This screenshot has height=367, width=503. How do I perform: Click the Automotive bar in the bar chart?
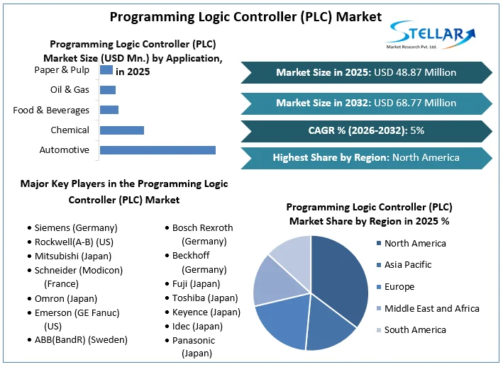coord(157,149)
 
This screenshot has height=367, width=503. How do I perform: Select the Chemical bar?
coord(122,130)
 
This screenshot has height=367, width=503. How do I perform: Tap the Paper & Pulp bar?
coord(106,69)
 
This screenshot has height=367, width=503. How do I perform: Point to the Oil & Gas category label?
coord(70,90)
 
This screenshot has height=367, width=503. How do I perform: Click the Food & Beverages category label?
coord(51,110)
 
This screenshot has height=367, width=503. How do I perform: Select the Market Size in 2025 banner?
coord(366,72)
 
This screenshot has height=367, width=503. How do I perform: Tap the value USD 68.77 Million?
coord(415,103)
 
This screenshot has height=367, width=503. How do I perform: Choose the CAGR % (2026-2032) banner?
coord(366,130)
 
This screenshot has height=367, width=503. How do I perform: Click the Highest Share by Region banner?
coord(366,157)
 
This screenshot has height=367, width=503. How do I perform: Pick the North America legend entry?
coord(415,243)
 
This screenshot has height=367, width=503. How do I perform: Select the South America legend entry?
coord(415,329)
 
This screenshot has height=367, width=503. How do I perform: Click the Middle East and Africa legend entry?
coord(431,308)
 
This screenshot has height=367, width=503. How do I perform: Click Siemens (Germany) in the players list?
coord(76,227)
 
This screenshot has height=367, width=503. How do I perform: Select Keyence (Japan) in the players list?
coord(206,312)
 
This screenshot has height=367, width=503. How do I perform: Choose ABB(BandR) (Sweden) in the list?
coord(81,339)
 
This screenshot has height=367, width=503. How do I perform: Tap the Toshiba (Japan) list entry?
coord(205,298)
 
